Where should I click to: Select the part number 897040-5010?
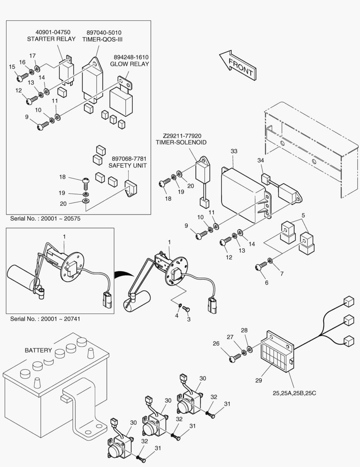104,32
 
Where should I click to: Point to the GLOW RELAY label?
129,64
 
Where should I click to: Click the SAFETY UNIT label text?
127,166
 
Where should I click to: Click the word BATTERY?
38,350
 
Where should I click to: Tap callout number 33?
234,151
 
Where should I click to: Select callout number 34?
261,161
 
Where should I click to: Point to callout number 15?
12,67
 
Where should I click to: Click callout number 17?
32,56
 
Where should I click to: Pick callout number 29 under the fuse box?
258,381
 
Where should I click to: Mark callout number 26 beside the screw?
228,344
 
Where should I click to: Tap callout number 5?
303,215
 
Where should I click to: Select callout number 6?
266,282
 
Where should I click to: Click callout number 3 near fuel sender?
188,319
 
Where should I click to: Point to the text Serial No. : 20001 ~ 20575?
45,219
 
